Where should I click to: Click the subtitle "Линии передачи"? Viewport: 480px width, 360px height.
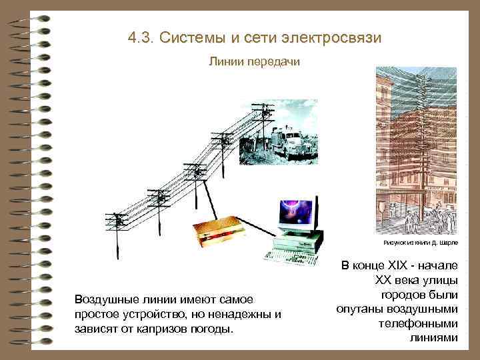(254, 61)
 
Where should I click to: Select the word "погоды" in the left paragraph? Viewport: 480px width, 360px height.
(213, 329)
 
